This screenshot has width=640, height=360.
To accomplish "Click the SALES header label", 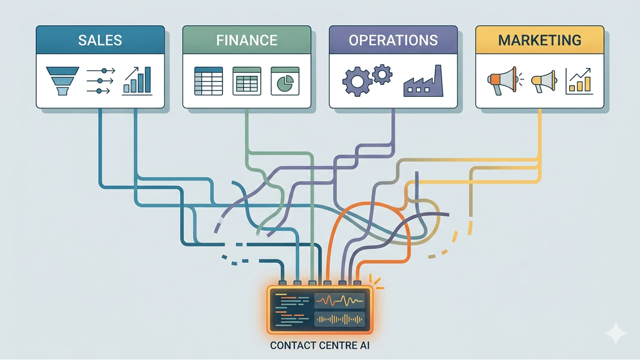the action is (x=100, y=40).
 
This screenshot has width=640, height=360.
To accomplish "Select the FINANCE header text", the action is (x=246, y=40).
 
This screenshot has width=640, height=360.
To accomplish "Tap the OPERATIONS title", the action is (x=393, y=40).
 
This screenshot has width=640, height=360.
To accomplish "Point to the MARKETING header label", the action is (x=539, y=40).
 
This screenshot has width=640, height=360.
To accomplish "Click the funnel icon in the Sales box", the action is (x=62, y=81).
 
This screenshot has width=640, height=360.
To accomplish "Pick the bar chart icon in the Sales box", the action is (x=137, y=81).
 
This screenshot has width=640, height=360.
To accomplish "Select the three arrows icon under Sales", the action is (x=99, y=81).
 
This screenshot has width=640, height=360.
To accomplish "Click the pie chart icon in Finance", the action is (x=285, y=81).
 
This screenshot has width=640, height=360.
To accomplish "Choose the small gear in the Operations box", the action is (x=382, y=74).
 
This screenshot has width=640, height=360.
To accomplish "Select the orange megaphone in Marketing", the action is (x=502, y=81).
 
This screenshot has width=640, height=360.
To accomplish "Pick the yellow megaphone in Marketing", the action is (x=544, y=81).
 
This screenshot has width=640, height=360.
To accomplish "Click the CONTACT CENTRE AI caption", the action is (x=320, y=346).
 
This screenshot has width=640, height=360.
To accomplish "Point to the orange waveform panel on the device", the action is (x=339, y=301).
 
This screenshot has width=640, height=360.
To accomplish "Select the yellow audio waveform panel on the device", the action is (x=339, y=319).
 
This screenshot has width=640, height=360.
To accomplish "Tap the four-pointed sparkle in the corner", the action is (x=615, y=333).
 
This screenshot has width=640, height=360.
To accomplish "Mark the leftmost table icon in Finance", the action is (x=208, y=81).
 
